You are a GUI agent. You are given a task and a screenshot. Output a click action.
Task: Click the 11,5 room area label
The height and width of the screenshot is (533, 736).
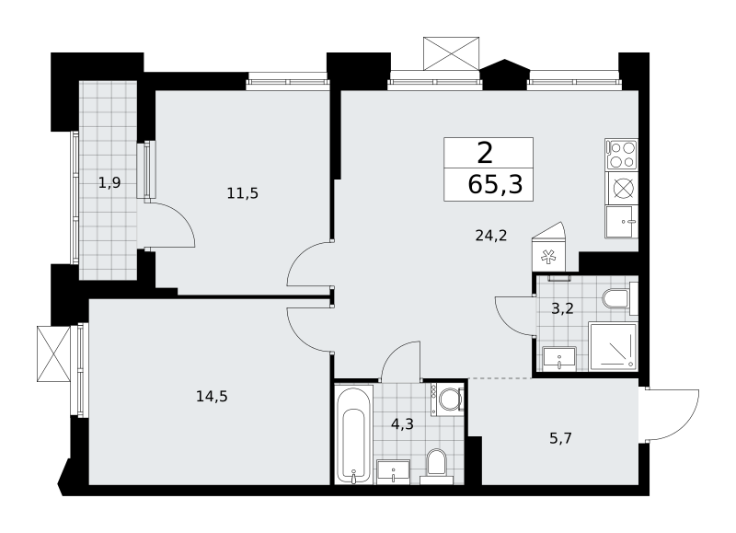pyautogui.click(x=243, y=193)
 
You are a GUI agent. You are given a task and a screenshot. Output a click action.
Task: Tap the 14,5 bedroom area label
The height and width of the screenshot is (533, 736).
pyautogui.click(x=212, y=397)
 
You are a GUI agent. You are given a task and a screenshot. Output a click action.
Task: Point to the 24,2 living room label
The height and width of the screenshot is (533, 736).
pyautogui.click(x=491, y=236)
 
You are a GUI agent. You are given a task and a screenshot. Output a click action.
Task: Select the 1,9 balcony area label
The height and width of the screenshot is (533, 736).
pyautogui.click(x=109, y=182)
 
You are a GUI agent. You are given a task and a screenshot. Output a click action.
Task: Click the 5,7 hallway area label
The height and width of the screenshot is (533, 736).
pyautogui.click(x=561, y=438)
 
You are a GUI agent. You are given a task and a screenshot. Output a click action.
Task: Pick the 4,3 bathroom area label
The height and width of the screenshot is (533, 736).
pyautogui.click(x=402, y=424)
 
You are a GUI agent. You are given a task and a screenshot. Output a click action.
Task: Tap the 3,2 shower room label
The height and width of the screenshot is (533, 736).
pyautogui.click(x=562, y=309)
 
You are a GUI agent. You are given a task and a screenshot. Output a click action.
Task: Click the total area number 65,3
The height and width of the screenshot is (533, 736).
pyautogui.click(x=495, y=184)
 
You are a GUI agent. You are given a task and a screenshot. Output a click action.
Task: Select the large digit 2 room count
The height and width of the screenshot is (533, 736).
pyautogui.click(x=485, y=153)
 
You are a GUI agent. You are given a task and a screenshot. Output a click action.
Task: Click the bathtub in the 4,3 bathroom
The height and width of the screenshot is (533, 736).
pyautogui.click(x=354, y=435)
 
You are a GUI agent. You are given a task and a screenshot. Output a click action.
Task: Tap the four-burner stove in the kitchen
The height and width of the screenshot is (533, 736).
pyautogui.click(x=622, y=155)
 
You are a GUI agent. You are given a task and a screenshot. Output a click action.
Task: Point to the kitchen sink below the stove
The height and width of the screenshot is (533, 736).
pyautogui.click(x=622, y=222)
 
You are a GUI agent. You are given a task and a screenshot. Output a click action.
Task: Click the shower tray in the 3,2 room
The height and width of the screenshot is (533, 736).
pyautogui.click(x=613, y=346)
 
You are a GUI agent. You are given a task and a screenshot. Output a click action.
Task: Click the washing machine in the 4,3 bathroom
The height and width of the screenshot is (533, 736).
pyautogui.click(x=448, y=400)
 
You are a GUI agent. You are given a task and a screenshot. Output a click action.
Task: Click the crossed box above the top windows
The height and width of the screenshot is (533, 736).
pyautogui.click(x=451, y=53)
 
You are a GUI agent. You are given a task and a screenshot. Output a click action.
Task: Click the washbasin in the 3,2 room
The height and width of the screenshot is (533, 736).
pyautogui.click(x=559, y=359)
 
